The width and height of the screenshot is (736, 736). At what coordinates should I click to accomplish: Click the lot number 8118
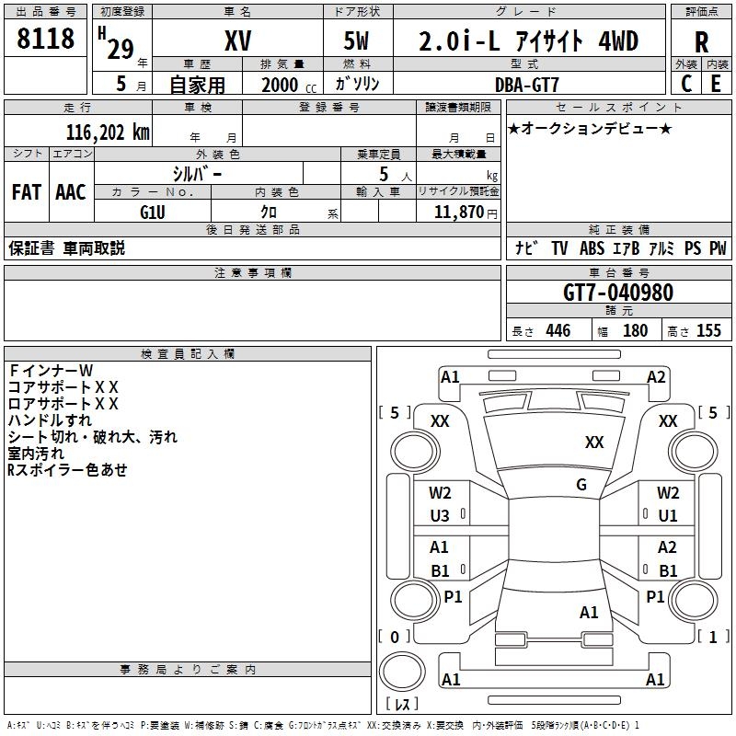pos(46,40)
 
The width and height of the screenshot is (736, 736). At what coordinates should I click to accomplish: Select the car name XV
pos(237,42)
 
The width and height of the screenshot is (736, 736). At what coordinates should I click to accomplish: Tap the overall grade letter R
pos(701,42)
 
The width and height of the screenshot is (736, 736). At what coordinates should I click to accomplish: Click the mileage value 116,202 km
pos(108,132)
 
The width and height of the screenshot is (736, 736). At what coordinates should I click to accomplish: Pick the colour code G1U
pos(152,212)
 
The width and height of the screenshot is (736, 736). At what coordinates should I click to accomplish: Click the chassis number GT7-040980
pos(618,293)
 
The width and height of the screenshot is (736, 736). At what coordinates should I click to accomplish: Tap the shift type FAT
pos(26,192)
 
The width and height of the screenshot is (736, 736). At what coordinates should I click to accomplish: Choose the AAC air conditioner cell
pos(71,192)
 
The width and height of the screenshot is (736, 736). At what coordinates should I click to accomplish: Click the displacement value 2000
pos(281,85)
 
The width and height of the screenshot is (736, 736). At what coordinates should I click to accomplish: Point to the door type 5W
pos(358,42)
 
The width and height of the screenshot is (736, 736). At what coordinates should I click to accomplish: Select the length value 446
pos(557,331)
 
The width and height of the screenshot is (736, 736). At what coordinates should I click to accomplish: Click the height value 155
pos(708,331)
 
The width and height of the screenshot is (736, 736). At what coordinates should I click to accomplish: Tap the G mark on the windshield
pos(581,485)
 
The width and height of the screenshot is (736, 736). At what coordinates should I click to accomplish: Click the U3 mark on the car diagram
pos(440,516)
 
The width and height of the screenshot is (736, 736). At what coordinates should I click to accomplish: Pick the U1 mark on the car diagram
pos(668,516)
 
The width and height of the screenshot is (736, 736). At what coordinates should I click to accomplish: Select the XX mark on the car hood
pos(594,443)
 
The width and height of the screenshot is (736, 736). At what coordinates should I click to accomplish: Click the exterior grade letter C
pos(685,84)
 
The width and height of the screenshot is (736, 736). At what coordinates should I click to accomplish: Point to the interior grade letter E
pos(716,84)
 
